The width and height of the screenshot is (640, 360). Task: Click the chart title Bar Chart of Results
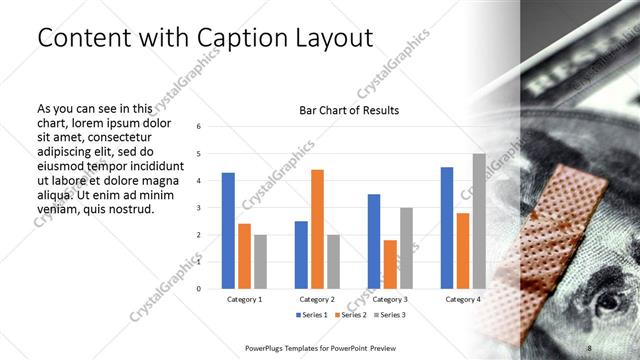point(350,110)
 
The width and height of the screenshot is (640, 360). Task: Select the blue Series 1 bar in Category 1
point(228,230)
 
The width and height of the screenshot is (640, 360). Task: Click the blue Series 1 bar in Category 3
point(374,241)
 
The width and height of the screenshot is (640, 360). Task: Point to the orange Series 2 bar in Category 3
point(390,264)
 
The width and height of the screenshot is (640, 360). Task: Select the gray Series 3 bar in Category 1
point(260,261)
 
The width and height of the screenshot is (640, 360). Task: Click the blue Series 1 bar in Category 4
point(447,227)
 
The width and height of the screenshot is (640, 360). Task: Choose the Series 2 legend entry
point(351,315)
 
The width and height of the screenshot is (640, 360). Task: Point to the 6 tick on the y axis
point(199,127)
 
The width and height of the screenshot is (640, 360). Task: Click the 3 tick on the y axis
point(199,208)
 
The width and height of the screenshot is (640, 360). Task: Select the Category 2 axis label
point(316,299)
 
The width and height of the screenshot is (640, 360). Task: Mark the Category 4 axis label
point(462,299)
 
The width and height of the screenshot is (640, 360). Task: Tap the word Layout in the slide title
point(336,38)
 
